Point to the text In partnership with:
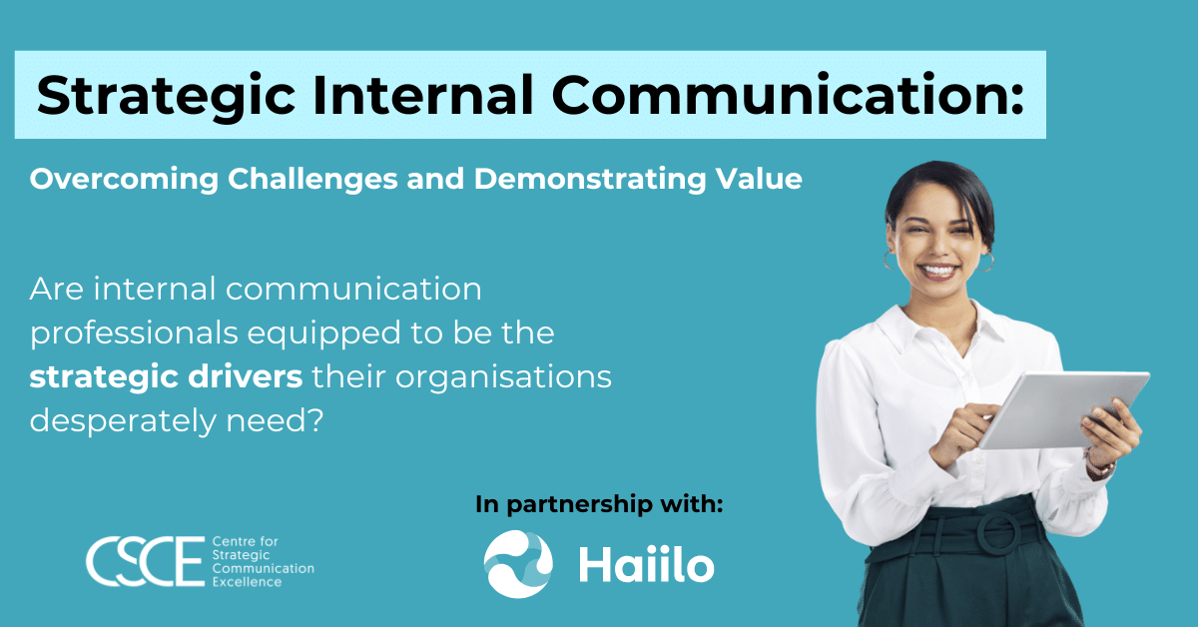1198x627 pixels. pyautogui.click(x=599, y=505)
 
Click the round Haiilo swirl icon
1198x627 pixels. pyautogui.click(x=518, y=564)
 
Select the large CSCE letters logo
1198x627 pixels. pyautogui.click(x=146, y=561)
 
